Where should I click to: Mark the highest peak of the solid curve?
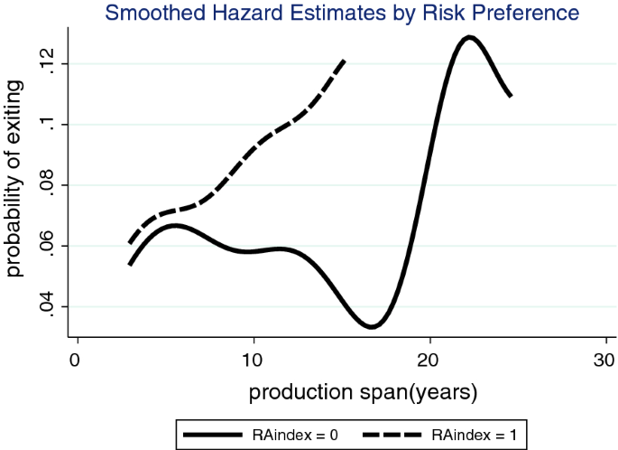(468, 37)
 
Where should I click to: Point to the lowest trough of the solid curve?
(372, 326)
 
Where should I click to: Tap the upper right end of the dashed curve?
(344, 61)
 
